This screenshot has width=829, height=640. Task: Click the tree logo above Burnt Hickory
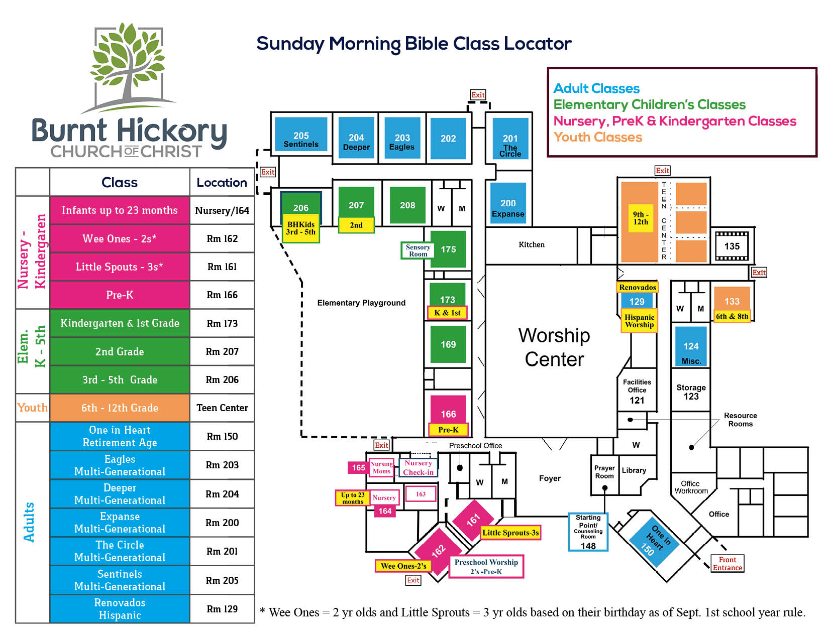coord(129,67)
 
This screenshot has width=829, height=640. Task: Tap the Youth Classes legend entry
coord(597,137)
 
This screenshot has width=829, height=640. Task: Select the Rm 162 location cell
coord(222,238)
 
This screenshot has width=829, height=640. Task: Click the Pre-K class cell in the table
coord(120,295)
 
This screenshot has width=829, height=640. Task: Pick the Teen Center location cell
coord(222,408)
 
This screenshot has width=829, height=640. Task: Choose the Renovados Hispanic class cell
coord(120,609)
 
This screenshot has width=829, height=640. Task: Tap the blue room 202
coord(448,138)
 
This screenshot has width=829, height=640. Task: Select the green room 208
coord(407,205)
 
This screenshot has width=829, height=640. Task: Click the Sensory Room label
coord(418,250)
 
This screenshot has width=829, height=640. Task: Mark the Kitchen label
coord(532,244)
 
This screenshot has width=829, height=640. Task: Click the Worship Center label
coord(554,347)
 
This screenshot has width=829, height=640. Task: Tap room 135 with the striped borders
coord(732,246)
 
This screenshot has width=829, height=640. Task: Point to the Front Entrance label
coord(727,563)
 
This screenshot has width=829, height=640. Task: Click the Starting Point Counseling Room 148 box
coord(588,532)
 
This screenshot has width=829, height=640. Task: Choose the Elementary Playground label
coord(361,303)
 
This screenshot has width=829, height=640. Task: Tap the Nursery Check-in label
coord(418,468)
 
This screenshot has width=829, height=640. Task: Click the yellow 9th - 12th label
coord(641,218)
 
